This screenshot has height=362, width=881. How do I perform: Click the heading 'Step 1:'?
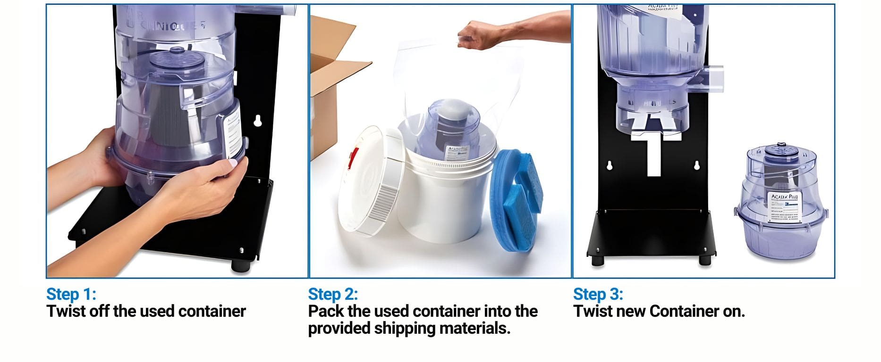click(71, 294)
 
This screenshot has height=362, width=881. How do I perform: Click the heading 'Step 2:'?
click(333, 294)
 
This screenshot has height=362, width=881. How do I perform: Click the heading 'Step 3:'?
click(598, 294)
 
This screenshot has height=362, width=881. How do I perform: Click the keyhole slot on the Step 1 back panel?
click(257, 121)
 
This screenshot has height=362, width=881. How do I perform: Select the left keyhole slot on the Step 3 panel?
click(609, 165)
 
